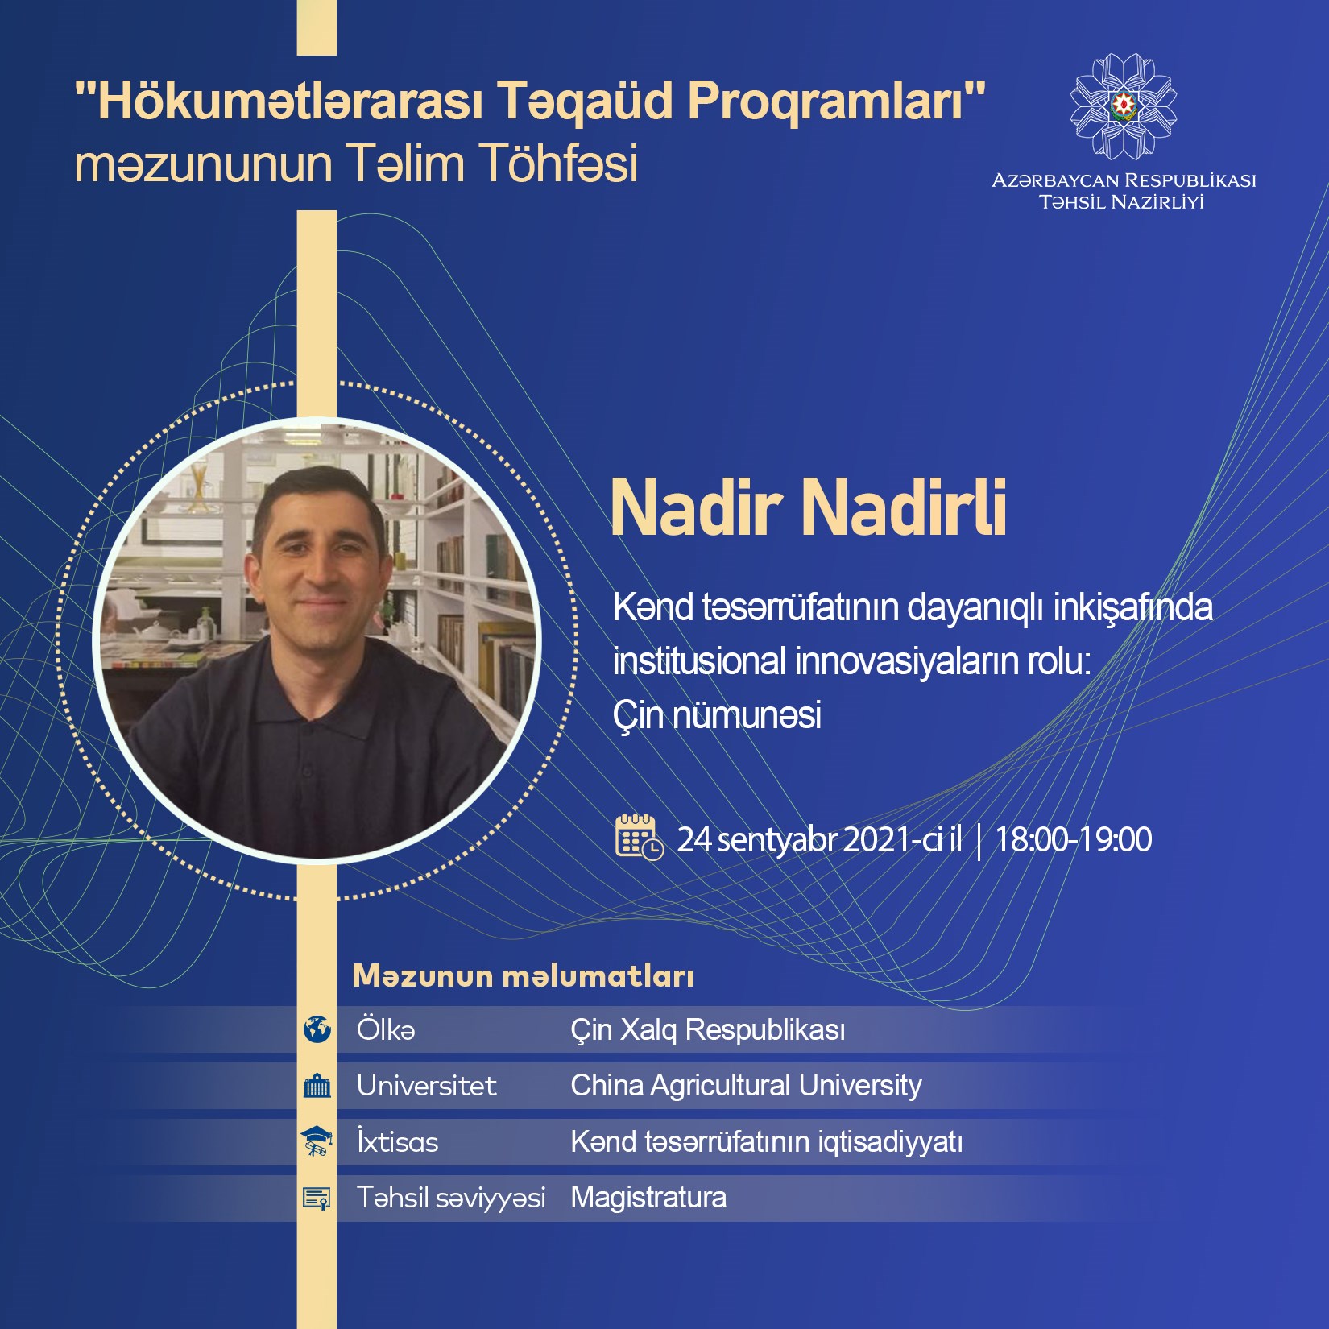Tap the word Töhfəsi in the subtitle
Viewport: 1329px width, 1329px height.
tap(561, 164)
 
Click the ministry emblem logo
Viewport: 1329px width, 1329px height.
tap(1124, 106)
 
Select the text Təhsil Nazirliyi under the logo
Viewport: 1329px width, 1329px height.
tap(1122, 202)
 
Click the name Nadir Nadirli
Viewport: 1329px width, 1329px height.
tap(809, 507)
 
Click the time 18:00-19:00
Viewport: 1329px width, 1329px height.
tap(1074, 839)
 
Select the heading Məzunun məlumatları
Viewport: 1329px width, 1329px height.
tap(524, 976)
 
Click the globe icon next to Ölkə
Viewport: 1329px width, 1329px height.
tap(317, 1029)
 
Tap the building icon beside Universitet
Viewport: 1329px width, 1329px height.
tap(317, 1086)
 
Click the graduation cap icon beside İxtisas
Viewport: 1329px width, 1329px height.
tap(317, 1141)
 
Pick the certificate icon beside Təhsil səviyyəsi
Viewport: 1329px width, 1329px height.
tap(317, 1198)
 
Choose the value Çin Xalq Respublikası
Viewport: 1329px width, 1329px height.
tap(708, 1030)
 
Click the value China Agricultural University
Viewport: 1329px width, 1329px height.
tap(746, 1086)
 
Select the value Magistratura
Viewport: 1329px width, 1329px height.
tap(648, 1198)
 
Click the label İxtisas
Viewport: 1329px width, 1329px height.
tap(398, 1141)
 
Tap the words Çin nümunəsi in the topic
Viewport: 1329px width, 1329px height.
tap(717, 714)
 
